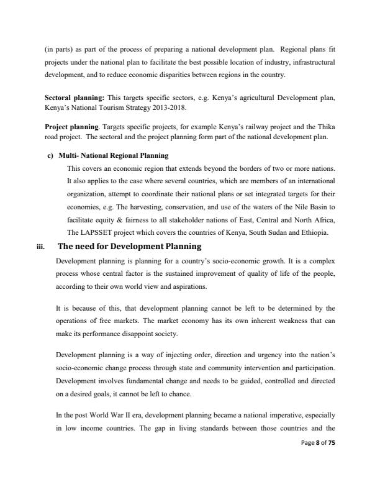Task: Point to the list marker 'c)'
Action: coord(50,155)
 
